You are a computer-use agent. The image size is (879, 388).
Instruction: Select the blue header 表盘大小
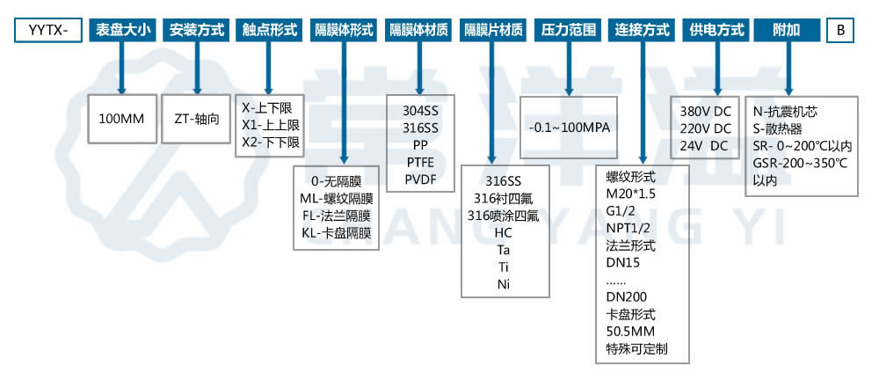click(123, 30)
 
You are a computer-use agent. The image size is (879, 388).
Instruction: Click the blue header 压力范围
click(568, 30)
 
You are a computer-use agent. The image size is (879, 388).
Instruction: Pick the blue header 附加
click(787, 30)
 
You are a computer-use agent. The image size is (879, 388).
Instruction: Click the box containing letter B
click(840, 30)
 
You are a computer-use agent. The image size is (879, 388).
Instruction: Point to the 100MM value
click(121, 119)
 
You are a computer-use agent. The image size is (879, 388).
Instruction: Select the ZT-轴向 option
click(196, 119)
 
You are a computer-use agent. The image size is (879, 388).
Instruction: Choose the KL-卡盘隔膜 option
click(336, 233)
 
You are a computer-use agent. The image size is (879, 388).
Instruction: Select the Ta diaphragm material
click(504, 250)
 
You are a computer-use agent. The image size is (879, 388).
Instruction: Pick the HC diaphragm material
click(504, 232)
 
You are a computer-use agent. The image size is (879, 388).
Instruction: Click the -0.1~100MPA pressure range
click(569, 127)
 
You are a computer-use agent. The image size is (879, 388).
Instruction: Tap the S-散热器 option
click(782, 128)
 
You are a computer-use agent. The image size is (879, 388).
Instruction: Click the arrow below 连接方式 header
click(642, 102)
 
